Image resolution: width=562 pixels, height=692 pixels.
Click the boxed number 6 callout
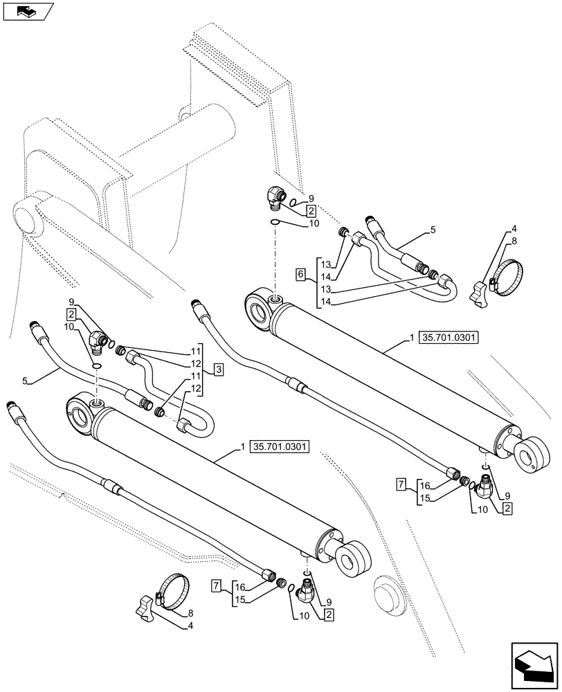[x=300, y=275]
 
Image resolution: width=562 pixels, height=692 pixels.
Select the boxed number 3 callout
[x=217, y=370]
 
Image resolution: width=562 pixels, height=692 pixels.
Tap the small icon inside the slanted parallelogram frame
[x=26, y=10]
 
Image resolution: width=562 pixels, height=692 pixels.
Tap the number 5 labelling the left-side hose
[x=25, y=380]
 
